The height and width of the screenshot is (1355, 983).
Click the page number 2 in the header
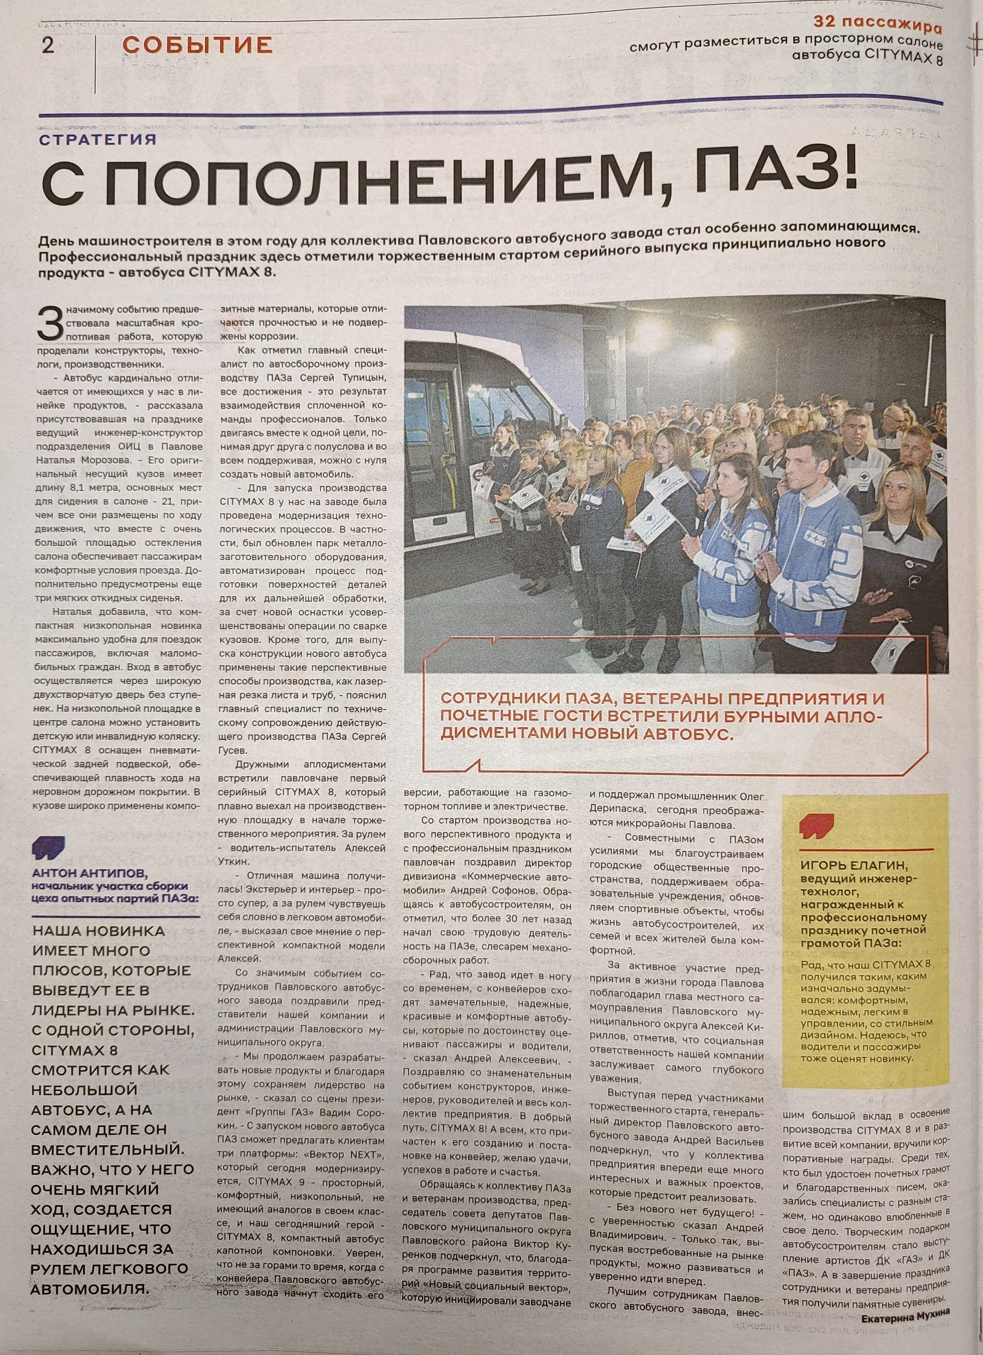click(48, 45)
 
